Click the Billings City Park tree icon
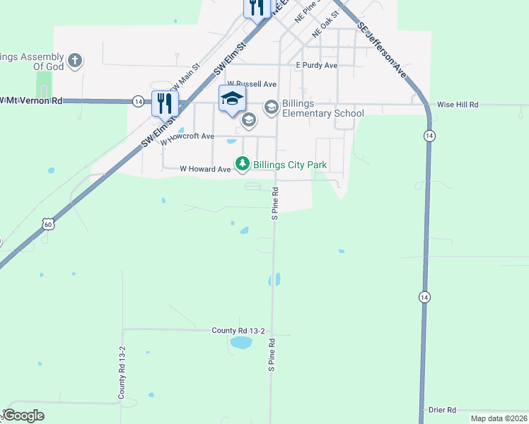[243, 164]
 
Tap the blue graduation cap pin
[232, 98]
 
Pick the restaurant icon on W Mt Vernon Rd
[165, 103]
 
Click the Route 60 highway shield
[47, 224]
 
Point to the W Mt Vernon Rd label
[31, 101]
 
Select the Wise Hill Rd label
[458, 105]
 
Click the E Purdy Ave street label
[316, 65]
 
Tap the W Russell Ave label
[246, 83]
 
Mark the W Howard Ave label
[205, 169]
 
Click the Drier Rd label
[442, 410]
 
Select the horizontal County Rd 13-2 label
[238, 331]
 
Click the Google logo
[23, 416]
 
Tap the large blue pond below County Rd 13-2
[240, 343]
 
